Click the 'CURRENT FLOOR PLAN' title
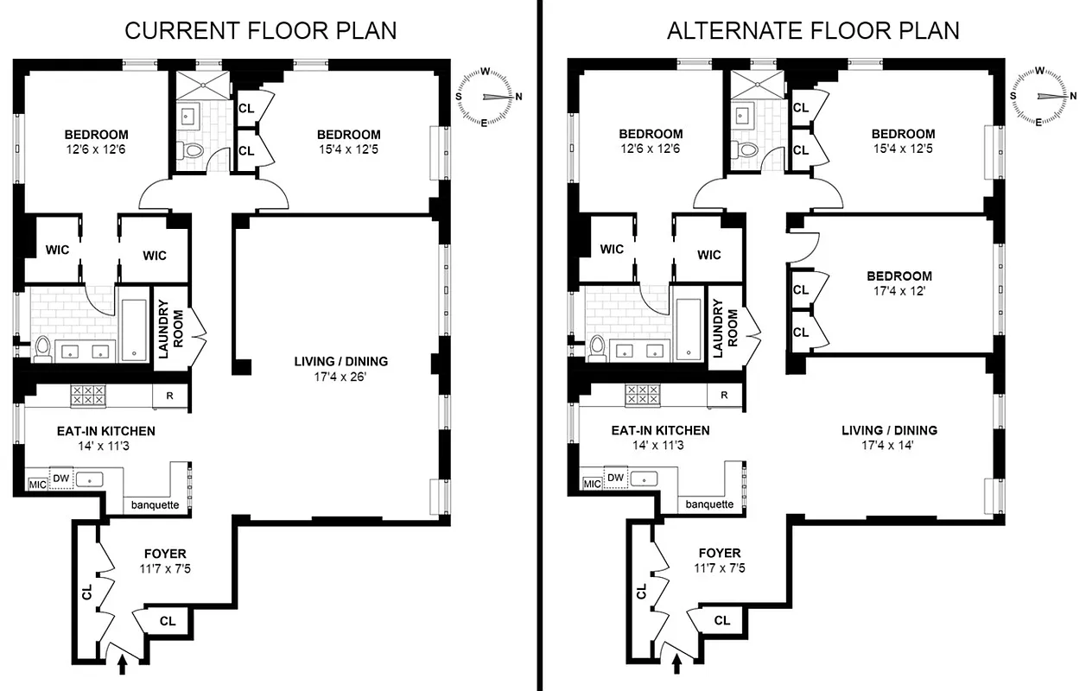click(260, 30)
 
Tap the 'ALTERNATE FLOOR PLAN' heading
click(813, 30)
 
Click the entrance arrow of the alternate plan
click(676, 663)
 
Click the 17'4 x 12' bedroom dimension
click(899, 292)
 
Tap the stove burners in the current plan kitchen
click(87, 396)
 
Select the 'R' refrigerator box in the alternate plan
click(724, 396)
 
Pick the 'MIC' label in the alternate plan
click(592, 485)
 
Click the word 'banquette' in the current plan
click(155, 504)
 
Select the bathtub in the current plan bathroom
click(134, 329)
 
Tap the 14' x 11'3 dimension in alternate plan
click(660, 446)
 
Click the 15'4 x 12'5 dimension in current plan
click(348, 149)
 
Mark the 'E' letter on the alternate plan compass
click(1038, 123)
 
